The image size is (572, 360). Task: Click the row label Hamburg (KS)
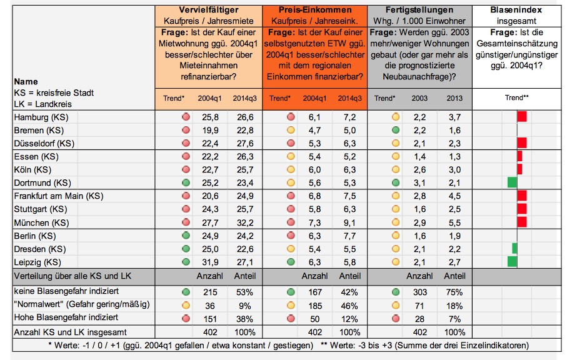[x=41, y=117]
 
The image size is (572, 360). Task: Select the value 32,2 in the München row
[x=245, y=222]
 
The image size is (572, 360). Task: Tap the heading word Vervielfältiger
[x=209, y=10]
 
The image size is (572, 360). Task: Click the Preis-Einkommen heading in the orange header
[x=315, y=10]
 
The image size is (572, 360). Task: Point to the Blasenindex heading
[x=516, y=10]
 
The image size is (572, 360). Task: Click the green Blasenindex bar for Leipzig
[x=512, y=261]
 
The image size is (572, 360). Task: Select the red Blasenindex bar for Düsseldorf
[x=521, y=143]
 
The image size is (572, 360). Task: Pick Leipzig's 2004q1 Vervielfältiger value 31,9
[x=210, y=262]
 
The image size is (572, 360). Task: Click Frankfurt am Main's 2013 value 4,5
[x=454, y=196]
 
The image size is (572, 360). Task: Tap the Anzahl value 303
[x=419, y=292]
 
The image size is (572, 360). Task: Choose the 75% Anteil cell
[x=454, y=292]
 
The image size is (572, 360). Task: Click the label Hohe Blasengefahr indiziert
[x=66, y=317]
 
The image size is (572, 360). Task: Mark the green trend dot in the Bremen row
[x=396, y=130]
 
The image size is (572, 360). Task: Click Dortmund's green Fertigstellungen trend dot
[x=396, y=182]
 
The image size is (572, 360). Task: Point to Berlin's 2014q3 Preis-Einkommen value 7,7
[x=349, y=236]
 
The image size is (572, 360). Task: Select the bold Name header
[x=26, y=81]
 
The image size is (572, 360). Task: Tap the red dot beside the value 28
[x=396, y=318]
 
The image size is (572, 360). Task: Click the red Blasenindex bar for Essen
[x=519, y=156]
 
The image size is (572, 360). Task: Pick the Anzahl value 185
[x=315, y=306]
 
